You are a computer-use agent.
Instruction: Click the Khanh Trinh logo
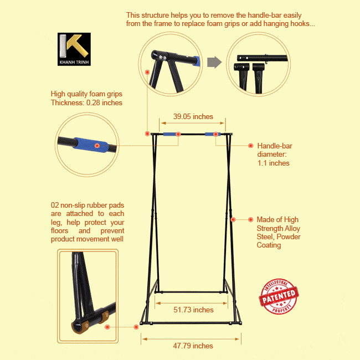[74, 49]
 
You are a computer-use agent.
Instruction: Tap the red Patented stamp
[279, 296]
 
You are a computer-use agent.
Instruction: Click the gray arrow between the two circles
[214, 62]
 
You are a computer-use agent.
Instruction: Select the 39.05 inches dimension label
[193, 116]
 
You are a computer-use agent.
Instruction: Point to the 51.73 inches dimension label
[193, 310]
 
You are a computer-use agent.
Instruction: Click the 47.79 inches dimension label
[193, 346]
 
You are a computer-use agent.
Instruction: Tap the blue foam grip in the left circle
[90, 145]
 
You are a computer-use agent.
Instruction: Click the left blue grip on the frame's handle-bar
[171, 134]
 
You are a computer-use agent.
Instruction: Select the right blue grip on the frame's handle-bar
[213, 134]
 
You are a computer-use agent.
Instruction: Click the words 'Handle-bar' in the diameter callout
[275, 146]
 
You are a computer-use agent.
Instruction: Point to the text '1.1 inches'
[273, 163]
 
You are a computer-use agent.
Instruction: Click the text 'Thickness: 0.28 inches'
[86, 102]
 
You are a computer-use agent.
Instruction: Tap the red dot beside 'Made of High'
[251, 219]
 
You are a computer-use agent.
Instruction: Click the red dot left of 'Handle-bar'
[251, 146]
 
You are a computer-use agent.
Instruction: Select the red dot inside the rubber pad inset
[107, 327]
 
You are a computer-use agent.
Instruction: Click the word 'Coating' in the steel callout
[269, 245]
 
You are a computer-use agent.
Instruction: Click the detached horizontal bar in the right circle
[262, 58]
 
